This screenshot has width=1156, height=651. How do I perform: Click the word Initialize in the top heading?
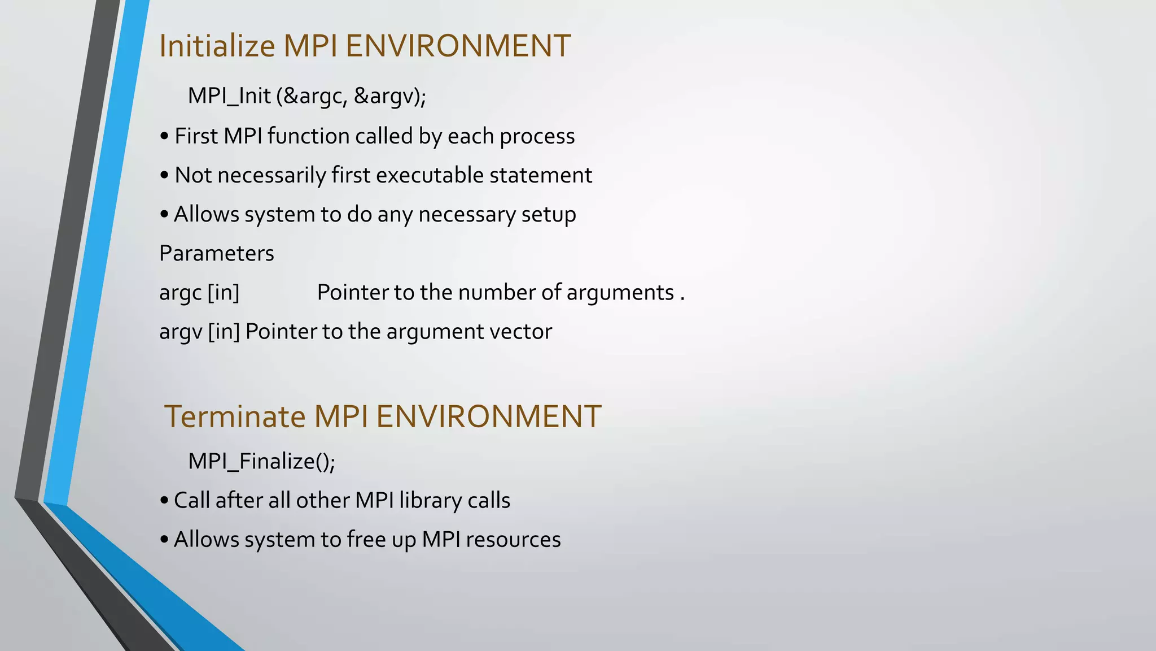tap(217, 46)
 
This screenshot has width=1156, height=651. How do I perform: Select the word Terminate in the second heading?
tap(235, 416)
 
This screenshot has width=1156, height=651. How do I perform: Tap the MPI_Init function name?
tap(229, 96)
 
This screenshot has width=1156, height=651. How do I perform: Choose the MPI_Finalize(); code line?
tap(261, 461)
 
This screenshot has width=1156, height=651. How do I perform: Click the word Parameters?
tap(217, 253)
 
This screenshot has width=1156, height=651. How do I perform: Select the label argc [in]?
tap(199, 293)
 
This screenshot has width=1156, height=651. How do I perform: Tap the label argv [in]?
tap(199, 332)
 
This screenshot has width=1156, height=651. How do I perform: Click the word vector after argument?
tap(520, 332)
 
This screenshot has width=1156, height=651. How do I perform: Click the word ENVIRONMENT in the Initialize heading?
tap(458, 46)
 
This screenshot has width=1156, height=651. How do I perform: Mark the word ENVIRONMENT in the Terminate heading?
tap(488, 416)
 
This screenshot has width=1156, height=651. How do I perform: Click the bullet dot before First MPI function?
tap(164, 137)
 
